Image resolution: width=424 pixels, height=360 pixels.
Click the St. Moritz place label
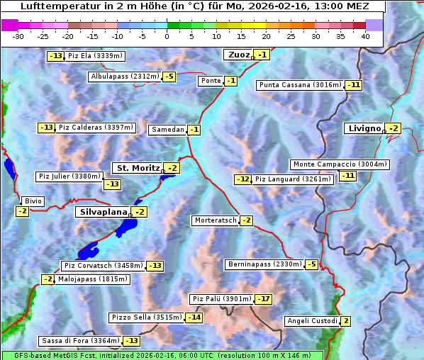(x=138, y=168)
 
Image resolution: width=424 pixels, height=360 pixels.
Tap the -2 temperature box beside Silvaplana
(x=140, y=212)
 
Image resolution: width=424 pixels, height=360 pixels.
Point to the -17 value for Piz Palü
(x=263, y=299)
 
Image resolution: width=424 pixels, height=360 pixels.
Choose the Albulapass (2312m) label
(x=125, y=77)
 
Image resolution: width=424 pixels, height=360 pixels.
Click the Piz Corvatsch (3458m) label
(x=104, y=266)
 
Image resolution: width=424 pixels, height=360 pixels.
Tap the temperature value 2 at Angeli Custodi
(x=345, y=321)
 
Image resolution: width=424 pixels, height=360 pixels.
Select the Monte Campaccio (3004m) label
(x=340, y=164)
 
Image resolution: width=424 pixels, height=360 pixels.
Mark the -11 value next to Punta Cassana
(x=354, y=85)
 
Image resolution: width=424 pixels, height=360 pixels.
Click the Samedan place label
(x=167, y=130)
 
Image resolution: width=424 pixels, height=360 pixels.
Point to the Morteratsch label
(x=216, y=220)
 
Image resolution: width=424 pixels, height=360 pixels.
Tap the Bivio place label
(x=33, y=201)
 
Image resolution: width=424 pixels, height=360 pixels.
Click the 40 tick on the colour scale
(x=365, y=36)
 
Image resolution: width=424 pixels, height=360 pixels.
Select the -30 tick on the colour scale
(x=18, y=36)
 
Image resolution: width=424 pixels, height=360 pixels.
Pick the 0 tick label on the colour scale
(x=167, y=36)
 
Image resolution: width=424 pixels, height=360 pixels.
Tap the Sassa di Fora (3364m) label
(x=80, y=341)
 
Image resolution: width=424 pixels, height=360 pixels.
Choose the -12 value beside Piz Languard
(x=243, y=179)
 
